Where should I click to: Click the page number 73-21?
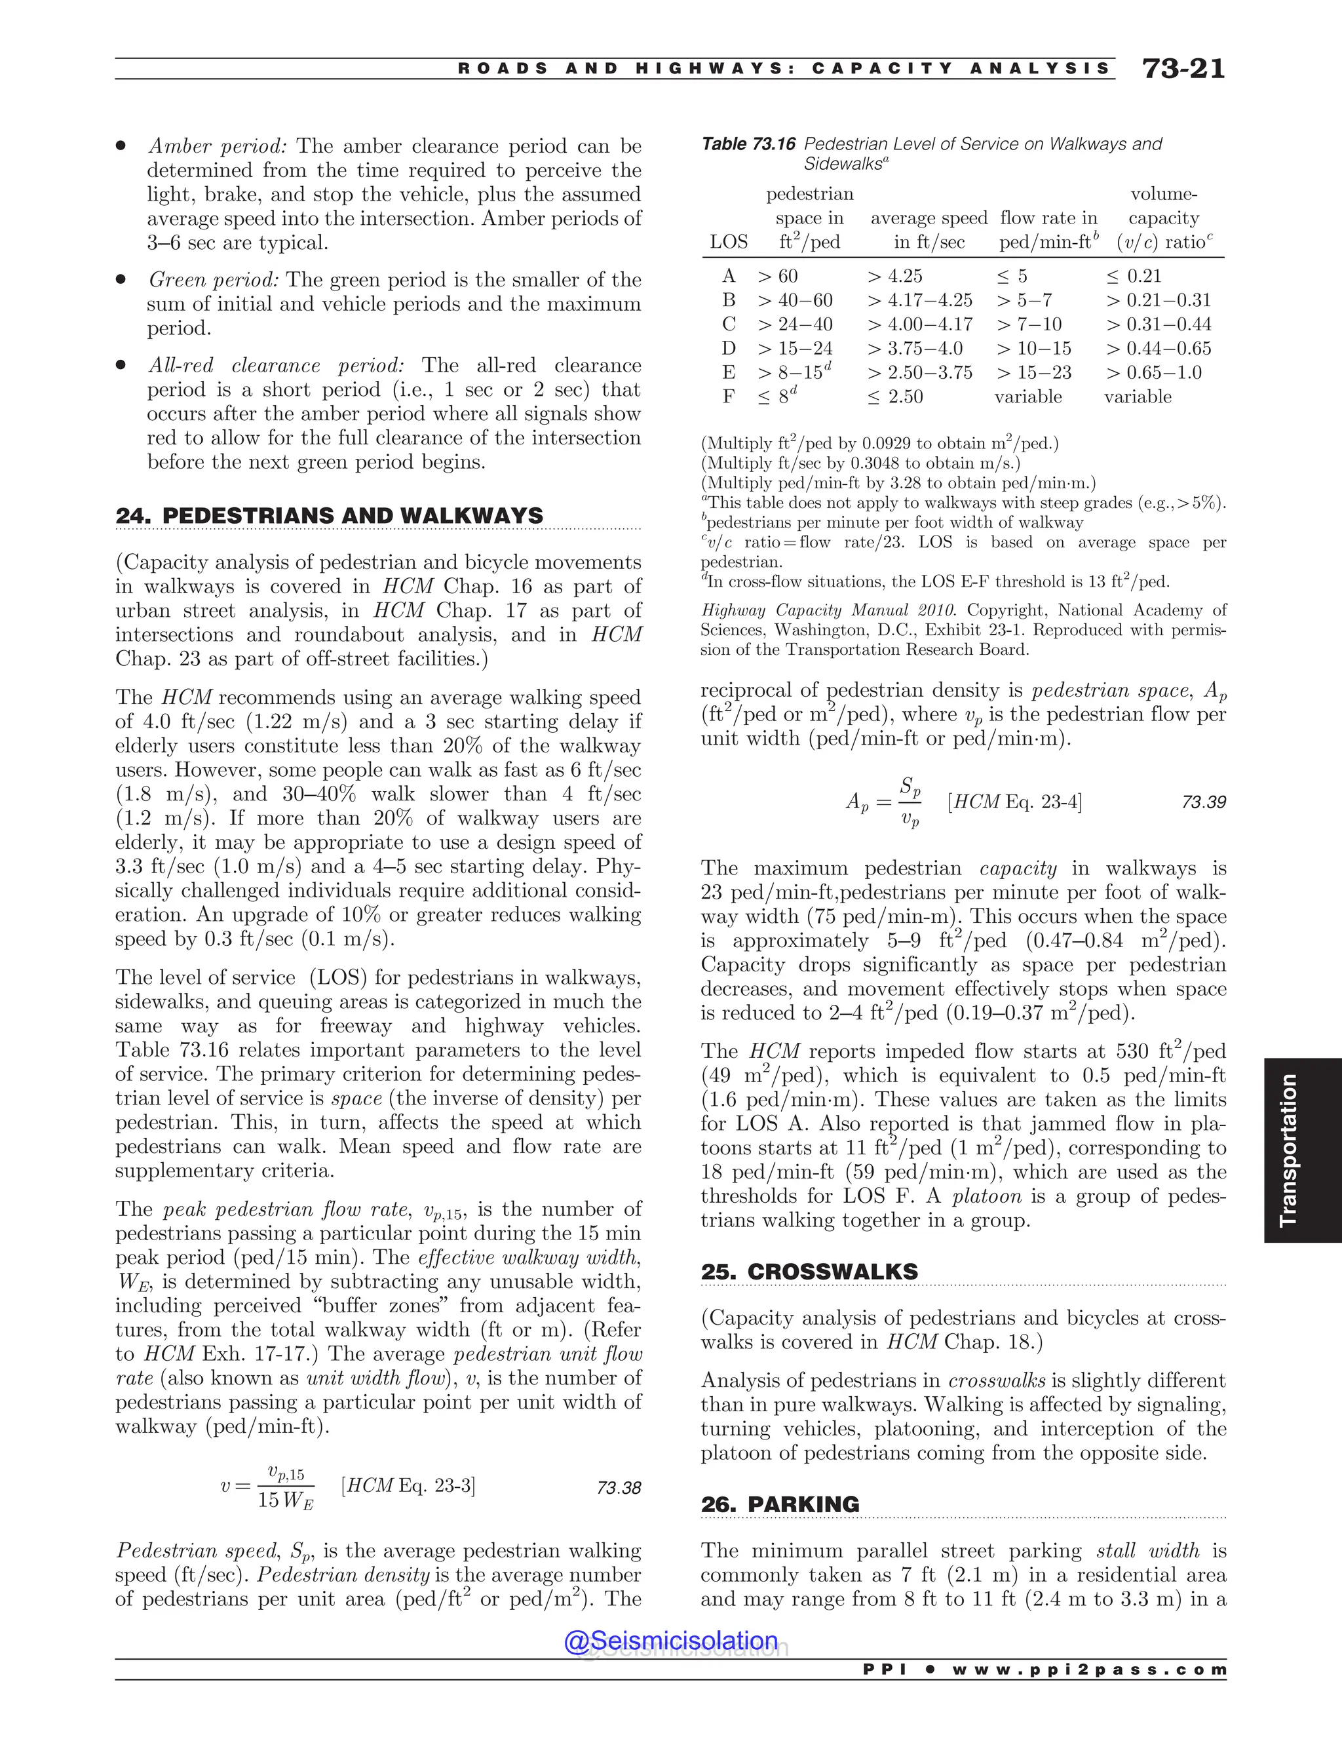click(x=1183, y=69)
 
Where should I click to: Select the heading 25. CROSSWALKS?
click(x=809, y=1272)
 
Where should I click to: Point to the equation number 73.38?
click(x=618, y=1488)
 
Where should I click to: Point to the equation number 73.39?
click(x=1203, y=802)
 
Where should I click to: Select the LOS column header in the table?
click(x=728, y=243)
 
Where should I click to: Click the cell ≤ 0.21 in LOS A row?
click(x=1134, y=276)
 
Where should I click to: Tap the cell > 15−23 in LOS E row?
click(x=1033, y=372)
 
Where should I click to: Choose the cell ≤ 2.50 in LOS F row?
click(x=895, y=397)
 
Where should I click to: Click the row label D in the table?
click(x=728, y=348)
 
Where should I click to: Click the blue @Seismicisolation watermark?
click(x=671, y=1641)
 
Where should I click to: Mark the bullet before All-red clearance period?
click(x=121, y=366)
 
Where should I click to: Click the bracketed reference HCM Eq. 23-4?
click(x=1014, y=802)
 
